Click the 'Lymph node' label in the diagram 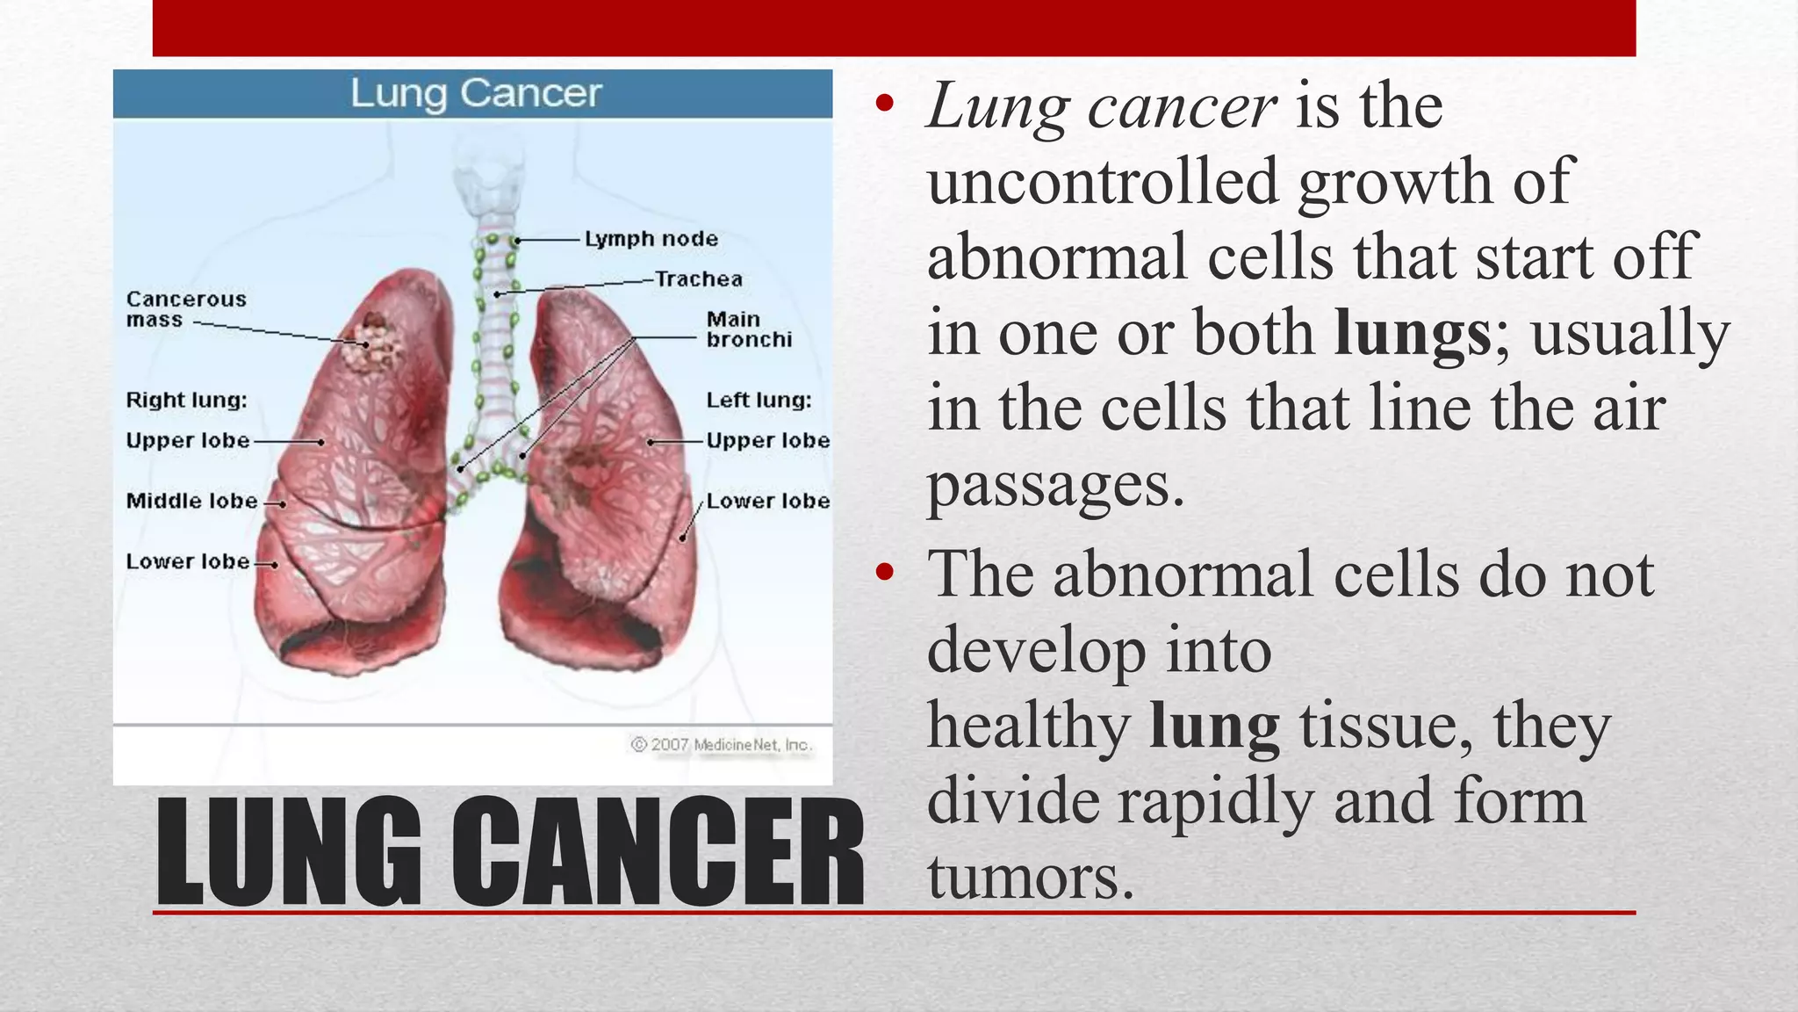[x=651, y=239]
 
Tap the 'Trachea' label [x=699, y=279]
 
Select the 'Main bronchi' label [x=749, y=329]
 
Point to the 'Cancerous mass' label [x=186, y=309]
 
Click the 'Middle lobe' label [x=192, y=501]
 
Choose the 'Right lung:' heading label [x=186, y=401]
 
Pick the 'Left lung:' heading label [x=759, y=401]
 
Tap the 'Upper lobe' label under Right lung [x=188, y=440]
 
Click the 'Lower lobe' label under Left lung [x=768, y=501]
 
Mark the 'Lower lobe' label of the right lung [x=188, y=561]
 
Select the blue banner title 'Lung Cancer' [x=476, y=93]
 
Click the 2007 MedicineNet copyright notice [x=721, y=745]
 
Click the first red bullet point [x=884, y=105]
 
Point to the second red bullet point [x=884, y=573]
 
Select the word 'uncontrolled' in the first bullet [x=1102, y=182]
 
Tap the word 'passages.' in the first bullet [x=1055, y=485]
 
